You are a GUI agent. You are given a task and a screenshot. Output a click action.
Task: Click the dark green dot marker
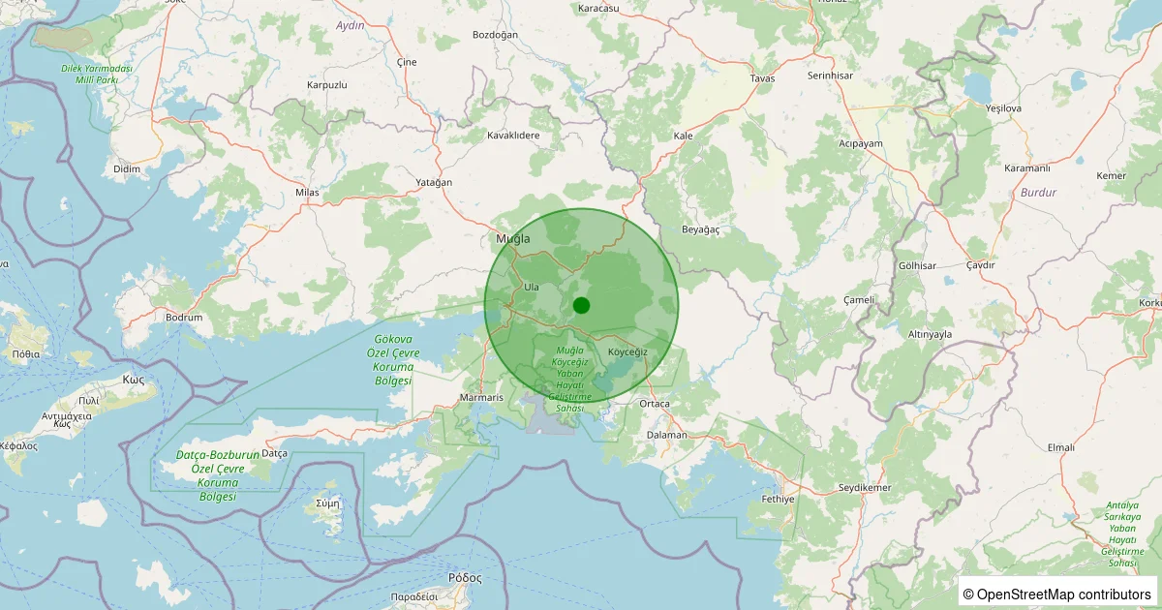pos(581,306)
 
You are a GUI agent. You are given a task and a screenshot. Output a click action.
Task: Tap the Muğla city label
pos(513,238)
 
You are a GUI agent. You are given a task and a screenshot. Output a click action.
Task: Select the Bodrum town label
pos(184,318)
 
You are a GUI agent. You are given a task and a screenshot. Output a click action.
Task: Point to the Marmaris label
pos(482,398)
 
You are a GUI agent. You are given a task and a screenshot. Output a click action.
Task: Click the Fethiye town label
pos(778,499)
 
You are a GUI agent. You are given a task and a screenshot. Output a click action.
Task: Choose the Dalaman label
pos(666,435)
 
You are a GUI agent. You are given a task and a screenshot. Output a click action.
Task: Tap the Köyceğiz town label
pos(627,351)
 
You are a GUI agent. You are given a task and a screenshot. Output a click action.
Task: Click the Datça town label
pos(275,453)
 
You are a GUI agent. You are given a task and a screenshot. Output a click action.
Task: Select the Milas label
pos(307,193)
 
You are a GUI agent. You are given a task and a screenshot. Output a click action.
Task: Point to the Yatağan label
pos(434,183)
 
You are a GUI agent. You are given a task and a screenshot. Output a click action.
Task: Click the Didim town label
pos(127,168)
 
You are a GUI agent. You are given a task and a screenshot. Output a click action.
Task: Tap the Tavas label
pos(763,78)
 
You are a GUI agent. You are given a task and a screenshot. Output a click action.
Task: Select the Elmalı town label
pos(1061,447)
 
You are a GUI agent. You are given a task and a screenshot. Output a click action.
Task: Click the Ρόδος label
pos(465,577)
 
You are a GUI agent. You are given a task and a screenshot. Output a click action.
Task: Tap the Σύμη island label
pos(328,503)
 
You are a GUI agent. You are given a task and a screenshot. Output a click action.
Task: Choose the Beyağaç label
pos(701,229)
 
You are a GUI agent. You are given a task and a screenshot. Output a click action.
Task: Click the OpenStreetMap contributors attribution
pos(1058,594)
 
